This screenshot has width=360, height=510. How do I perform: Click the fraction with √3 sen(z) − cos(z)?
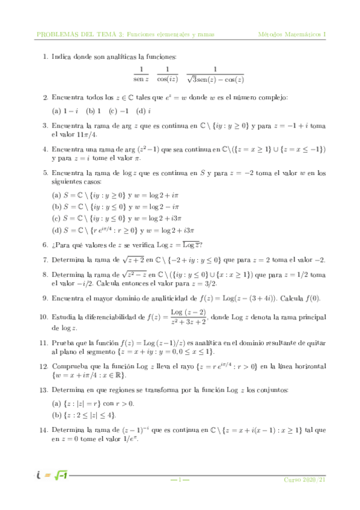pos(215,74)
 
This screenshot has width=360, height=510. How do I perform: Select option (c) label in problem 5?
pos(56,218)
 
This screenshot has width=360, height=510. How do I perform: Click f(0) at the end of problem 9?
pos(313,296)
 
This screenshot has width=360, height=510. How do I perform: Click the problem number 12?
pos(43,365)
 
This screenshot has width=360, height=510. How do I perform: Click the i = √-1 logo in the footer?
pos(50,477)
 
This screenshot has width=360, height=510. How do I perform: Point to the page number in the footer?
pos(180,480)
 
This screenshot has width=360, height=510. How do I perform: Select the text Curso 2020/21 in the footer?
pos(305,480)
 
